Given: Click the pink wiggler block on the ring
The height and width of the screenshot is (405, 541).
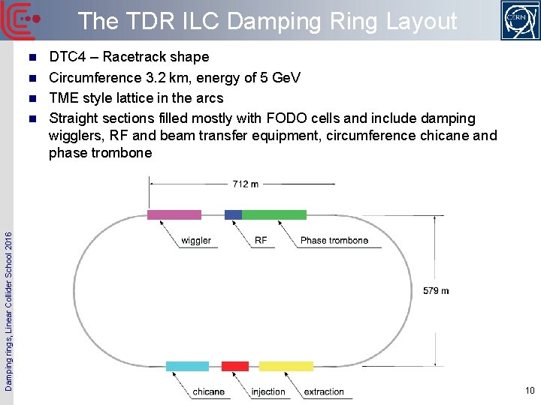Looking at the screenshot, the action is (174, 214).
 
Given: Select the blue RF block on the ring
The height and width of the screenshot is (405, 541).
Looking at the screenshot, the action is (233, 214).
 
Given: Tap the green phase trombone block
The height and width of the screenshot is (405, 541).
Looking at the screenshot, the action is (274, 214).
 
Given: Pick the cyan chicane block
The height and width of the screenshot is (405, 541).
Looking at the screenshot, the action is (187, 366).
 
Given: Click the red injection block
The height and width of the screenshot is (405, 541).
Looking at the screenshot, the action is (234, 366).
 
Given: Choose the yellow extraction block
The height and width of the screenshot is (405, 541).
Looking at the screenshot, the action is (286, 366).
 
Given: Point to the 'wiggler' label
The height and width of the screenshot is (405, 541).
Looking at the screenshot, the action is (196, 241).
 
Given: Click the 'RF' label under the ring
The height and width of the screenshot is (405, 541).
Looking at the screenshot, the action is (261, 241).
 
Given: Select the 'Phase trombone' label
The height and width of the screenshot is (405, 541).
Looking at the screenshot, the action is (334, 241).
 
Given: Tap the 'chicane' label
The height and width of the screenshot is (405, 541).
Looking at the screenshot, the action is (208, 391).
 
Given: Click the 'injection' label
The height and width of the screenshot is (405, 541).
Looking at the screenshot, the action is (268, 391).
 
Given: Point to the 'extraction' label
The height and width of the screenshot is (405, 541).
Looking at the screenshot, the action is (324, 391).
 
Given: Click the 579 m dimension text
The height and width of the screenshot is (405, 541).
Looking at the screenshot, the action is (436, 290).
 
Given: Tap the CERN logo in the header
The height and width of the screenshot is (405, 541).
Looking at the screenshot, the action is (520, 20).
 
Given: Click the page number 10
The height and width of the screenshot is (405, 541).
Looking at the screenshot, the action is (530, 390).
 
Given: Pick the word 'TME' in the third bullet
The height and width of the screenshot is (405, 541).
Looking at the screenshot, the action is (62, 97).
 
